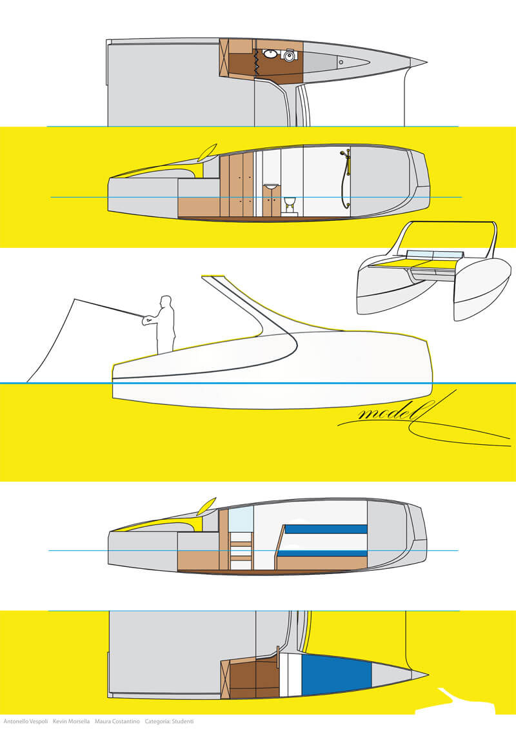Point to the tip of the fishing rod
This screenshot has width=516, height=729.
(74, 300)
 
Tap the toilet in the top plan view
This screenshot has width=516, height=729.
(289, 56)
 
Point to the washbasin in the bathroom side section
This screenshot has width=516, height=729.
(270, 187)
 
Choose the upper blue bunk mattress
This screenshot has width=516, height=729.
(326, 529)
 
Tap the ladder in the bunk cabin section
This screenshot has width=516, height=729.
(241, 551)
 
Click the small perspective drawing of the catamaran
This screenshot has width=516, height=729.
(434, 271)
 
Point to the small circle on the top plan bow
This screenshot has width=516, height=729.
(341, 62)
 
